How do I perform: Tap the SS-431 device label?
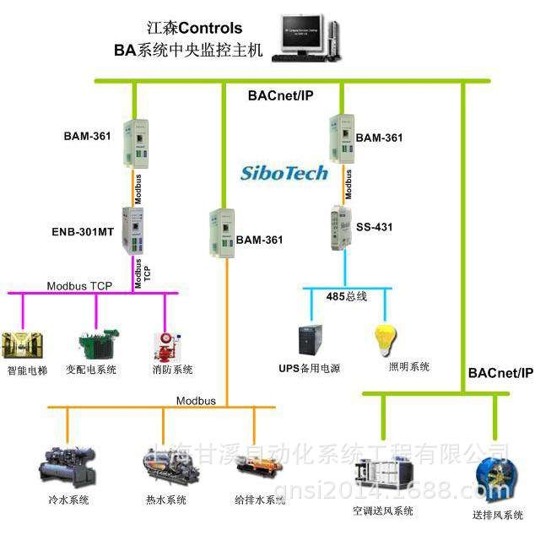[375, 227]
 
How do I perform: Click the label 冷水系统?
[68, 500]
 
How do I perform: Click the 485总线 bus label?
[347, 296]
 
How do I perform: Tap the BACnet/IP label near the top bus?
[281, 95]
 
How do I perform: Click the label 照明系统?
[409, 366]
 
